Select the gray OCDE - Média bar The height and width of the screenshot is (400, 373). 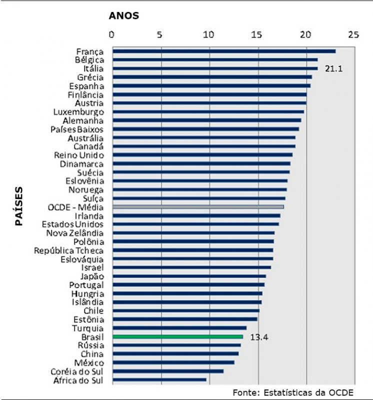pos(198,206)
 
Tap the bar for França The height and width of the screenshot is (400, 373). pos(224,51)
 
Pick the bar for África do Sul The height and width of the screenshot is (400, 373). pos(159,379)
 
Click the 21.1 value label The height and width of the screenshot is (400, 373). pos(333,68)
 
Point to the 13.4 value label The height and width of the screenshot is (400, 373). pos(259,337)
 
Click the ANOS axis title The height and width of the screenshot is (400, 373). pos(123,15)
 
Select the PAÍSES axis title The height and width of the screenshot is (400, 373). pos(19,206)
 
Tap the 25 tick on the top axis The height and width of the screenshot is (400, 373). pos(353,35)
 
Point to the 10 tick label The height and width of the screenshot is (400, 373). pos(208,35)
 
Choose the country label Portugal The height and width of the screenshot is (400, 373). pos(86,284)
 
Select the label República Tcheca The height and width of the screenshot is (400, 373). pos(69,250)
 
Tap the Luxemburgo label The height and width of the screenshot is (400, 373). pos(78,111)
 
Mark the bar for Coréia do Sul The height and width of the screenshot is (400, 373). pos(168,371)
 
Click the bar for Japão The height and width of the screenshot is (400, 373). pos(189,275)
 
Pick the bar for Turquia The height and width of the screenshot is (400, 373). pos(179,327)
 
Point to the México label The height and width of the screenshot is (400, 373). pos(90,362)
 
